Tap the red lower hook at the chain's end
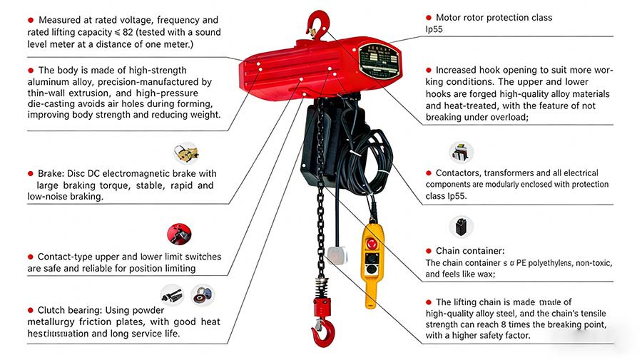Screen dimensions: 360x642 pyautogui.click(x=323, y=331)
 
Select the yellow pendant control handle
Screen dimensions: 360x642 pyautogui.click(x=372, y=263)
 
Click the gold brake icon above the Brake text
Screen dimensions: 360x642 pyautogui.click(x=185, y=153)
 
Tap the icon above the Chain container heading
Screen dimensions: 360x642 pyautogui.click(x=461, y=227)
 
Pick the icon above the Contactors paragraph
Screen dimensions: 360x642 pyautogui.click(x=461, y=152)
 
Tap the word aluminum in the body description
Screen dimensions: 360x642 pyautogui.click(x=50, y=82)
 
